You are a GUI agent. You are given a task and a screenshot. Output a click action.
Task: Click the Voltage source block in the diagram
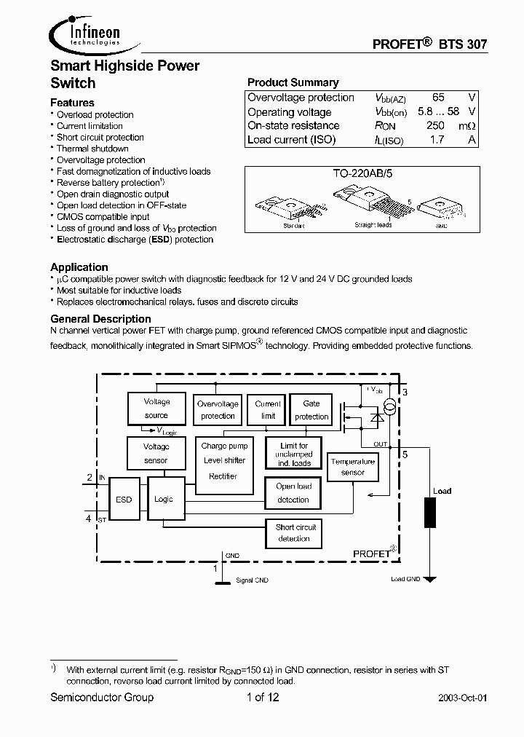click(x=156, y=409)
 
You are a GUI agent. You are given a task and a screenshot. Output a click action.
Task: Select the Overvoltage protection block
click(x=218, y=410)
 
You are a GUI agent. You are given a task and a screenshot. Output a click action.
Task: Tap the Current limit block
click(x=268, y=410)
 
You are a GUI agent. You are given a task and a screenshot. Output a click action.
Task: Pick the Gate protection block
click(x=311, y=410)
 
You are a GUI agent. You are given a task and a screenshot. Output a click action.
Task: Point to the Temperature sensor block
click(x=352, y=467)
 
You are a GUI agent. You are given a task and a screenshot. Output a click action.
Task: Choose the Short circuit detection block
click(x=294, y=533)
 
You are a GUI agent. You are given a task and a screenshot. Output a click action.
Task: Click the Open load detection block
click(x=293, y=493)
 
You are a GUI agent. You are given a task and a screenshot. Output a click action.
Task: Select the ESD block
click(x=124, y=500)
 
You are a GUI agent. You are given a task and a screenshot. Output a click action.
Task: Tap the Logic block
click(x=164, y=499)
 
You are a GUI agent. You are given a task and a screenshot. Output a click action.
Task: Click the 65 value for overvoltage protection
click(x=438, y=98)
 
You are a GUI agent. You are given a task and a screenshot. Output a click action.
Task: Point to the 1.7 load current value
click(x=437, y=140)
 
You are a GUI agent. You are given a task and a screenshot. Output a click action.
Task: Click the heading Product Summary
click(x=293, y=82)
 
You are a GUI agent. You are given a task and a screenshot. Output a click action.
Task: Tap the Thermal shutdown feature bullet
click(x=92, y=149)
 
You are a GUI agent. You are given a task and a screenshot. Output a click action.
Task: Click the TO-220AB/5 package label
click(x=361, y=176)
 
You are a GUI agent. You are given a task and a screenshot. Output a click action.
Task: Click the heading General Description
click(x=100, y=319)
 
